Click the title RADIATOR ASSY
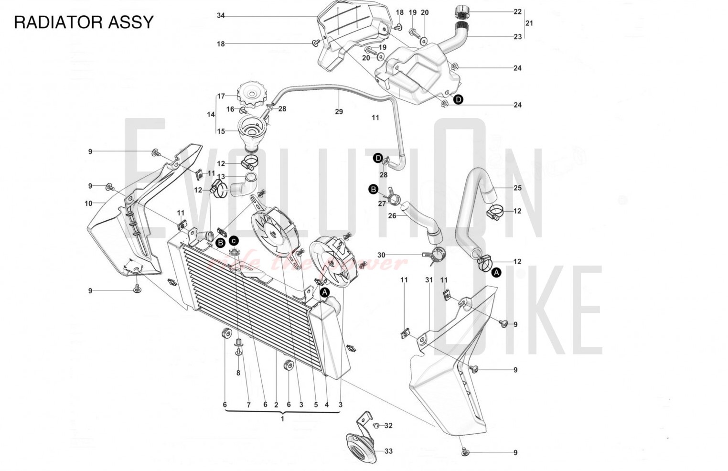coord(84,22)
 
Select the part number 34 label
coord(221,16)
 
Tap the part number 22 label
coord(517,11)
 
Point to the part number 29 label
coord(339,112)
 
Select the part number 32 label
coord(388,425)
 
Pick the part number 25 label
coord(517,188)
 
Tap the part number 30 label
coord(381,255)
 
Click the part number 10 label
coord(88,203)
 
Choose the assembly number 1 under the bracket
coord(282,418)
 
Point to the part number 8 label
coord(238,373)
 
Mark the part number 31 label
coord(429,280)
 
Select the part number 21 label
coord(529,23)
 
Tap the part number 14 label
coord(211,115)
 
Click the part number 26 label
coord(392,216)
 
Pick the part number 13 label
coord(221,177)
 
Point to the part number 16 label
coord(230,109)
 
